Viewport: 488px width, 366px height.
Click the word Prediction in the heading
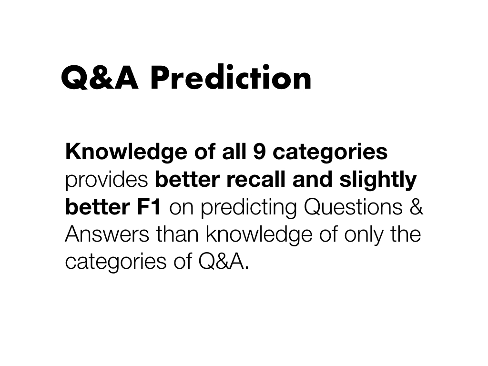click(231, 78)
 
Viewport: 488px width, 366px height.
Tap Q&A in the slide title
click(100, 78)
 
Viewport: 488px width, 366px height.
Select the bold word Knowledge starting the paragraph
click(126, 152)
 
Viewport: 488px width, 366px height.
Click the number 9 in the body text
click(259, 152)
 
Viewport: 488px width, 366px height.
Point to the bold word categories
click(330, 152)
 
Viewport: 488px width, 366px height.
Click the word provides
click(106, 180)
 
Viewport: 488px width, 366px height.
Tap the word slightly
click(378, 180)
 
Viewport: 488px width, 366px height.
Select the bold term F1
click(149, 207)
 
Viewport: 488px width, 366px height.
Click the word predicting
click(249, 207)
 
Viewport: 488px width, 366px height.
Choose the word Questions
click(353, 207)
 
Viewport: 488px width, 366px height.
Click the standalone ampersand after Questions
click(416, 207)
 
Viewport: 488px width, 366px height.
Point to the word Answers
click(107, 234)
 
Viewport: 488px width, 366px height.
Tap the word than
click(177, 234)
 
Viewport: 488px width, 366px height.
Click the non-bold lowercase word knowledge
click(259, 234)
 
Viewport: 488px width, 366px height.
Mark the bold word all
click(234, 152)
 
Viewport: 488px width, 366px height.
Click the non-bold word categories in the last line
click(116, 262)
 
